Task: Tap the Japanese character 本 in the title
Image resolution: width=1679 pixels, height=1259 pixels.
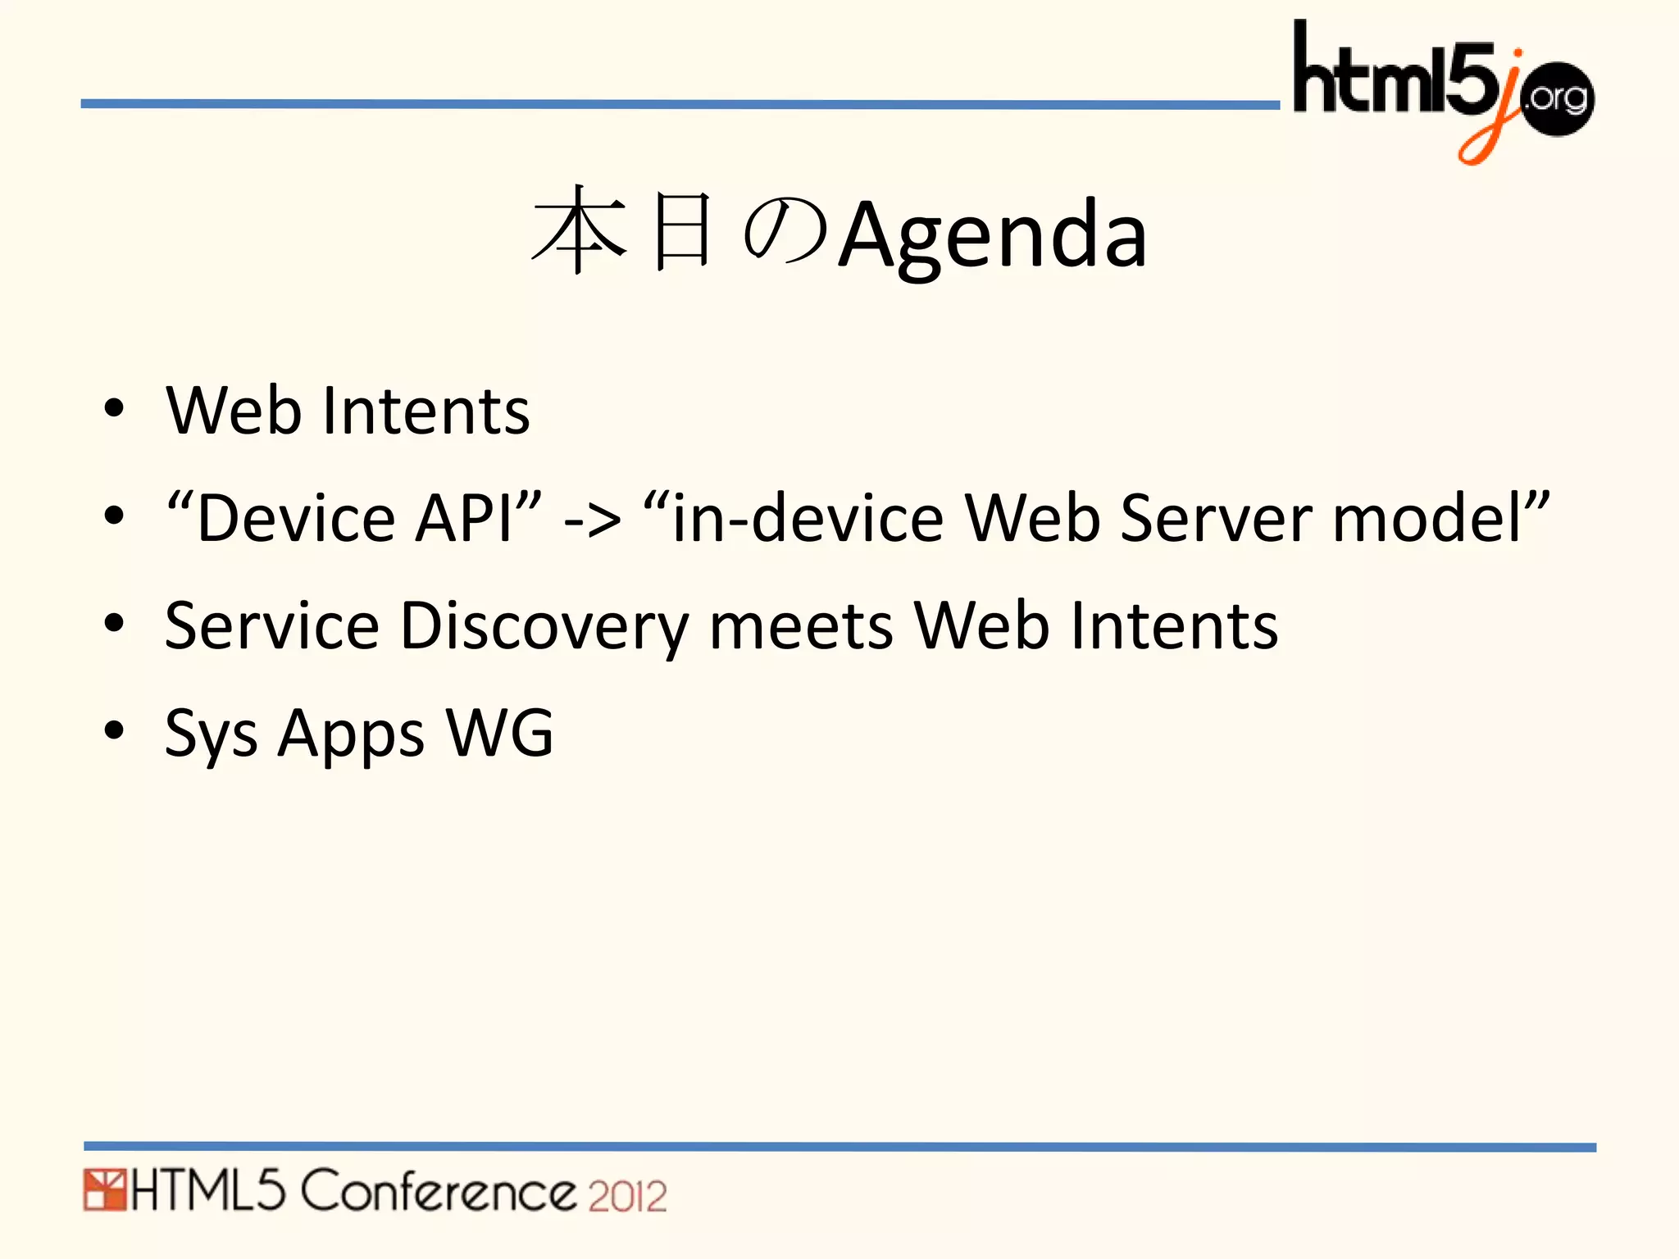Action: point(579,231)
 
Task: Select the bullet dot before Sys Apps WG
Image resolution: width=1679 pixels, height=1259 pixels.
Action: point(114,729)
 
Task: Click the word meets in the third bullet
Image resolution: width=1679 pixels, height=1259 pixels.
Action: point(801,627)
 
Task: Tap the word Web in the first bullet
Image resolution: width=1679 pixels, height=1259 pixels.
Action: point(233,410)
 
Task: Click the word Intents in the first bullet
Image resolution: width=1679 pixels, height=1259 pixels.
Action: point(426,410)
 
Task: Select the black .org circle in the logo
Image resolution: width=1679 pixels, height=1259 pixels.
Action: point(1558,98)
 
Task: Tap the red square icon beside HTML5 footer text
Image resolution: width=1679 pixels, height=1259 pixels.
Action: point(103,1190)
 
